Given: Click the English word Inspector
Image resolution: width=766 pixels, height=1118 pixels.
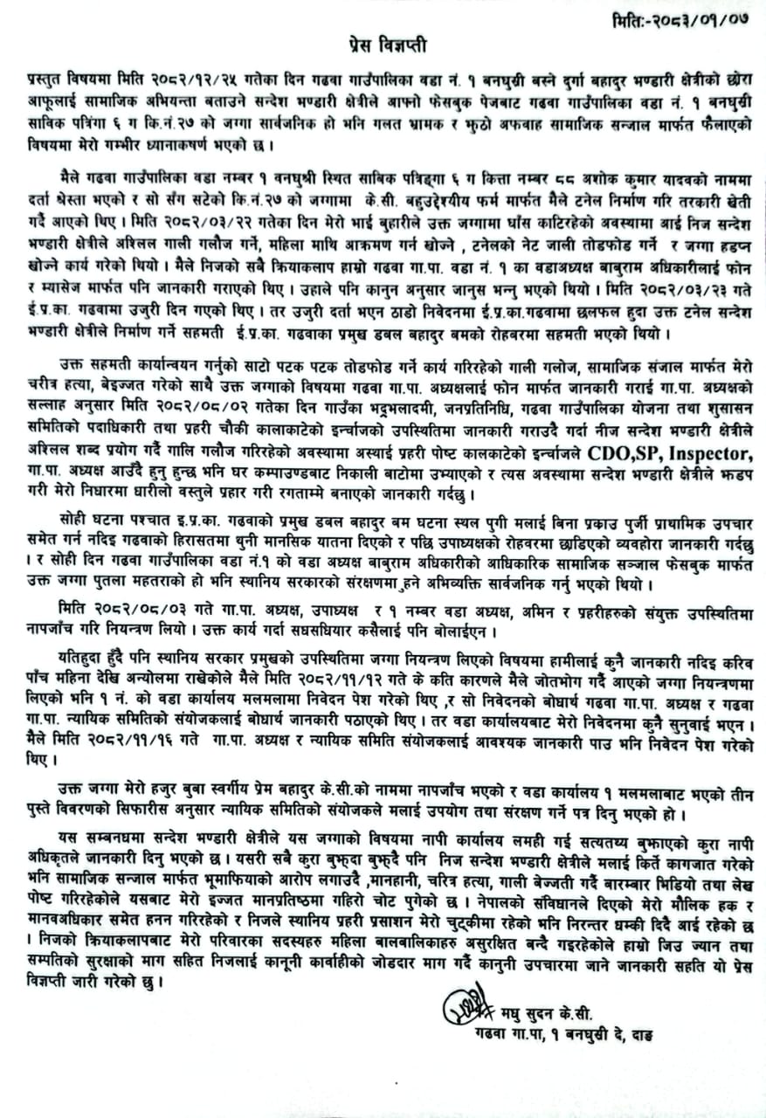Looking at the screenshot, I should click(x=713, y=453).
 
